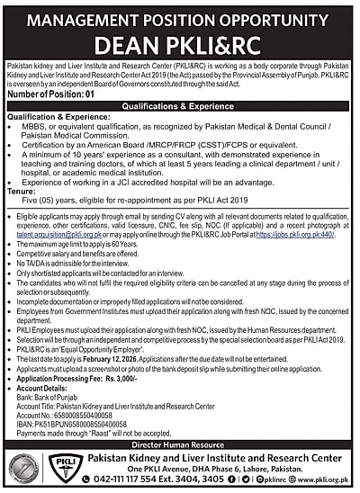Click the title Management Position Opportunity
[x=180, y=14]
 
